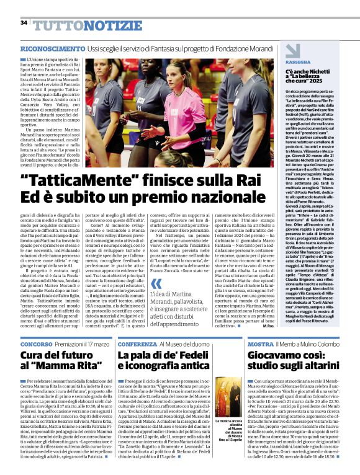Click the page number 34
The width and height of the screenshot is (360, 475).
coord(24,22)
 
